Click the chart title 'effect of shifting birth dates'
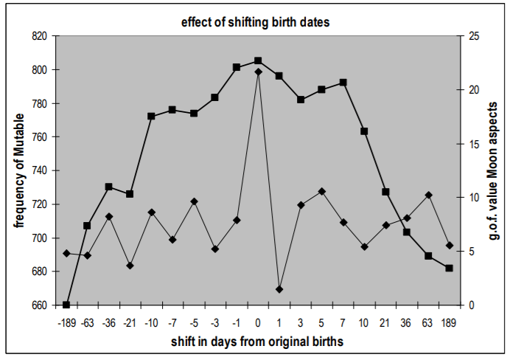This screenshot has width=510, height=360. (x=256, y=21)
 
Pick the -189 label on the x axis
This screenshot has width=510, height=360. (x=66, y=322)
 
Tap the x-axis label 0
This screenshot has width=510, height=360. (x=258, y=322)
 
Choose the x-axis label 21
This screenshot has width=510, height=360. (x=385, y=322)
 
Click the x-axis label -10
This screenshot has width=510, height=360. (x=151, y=322)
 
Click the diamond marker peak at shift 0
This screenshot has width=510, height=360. (x=258, y=72)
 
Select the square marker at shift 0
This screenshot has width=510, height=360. (x=258, y=60)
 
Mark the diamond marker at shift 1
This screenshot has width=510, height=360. (x=279, y=289)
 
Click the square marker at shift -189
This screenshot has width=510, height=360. (x=66, y=305)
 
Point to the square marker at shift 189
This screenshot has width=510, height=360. (x=449, y=268)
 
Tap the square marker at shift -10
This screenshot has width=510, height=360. (x=151, y=116)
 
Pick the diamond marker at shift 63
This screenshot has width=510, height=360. (x=428, y=195)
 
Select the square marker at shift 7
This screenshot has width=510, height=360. (x=343, y=83)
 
